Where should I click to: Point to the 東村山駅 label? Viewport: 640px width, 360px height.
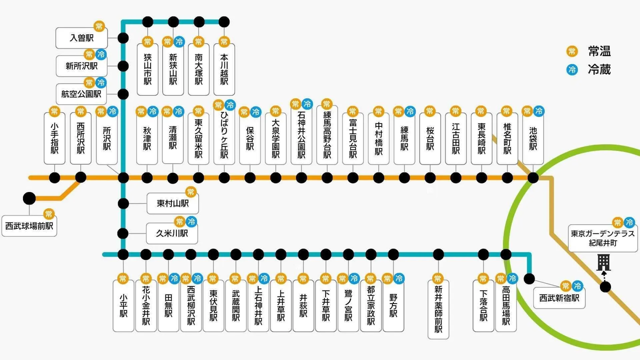click(x=172, y=203)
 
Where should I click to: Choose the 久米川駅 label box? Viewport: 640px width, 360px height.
click(x=172, y=233)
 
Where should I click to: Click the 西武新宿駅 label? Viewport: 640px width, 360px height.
click(x=559, y=298)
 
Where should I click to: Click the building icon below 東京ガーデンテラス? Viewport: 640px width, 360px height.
click(x=604, y=261)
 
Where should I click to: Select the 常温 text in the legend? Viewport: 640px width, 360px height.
click(x=599, y=51)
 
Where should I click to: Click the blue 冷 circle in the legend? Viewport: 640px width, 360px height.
click(x=571, y=70)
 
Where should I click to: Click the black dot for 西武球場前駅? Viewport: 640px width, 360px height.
click(x=29, y=198)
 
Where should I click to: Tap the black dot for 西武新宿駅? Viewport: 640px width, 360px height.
click(x=529, y=278)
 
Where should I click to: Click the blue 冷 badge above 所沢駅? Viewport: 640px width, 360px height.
click(x=112, y=111)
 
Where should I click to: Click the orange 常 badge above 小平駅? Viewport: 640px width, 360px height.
click(x=123, y=278)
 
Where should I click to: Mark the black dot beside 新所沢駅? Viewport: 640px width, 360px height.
click(x=123, y=66)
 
